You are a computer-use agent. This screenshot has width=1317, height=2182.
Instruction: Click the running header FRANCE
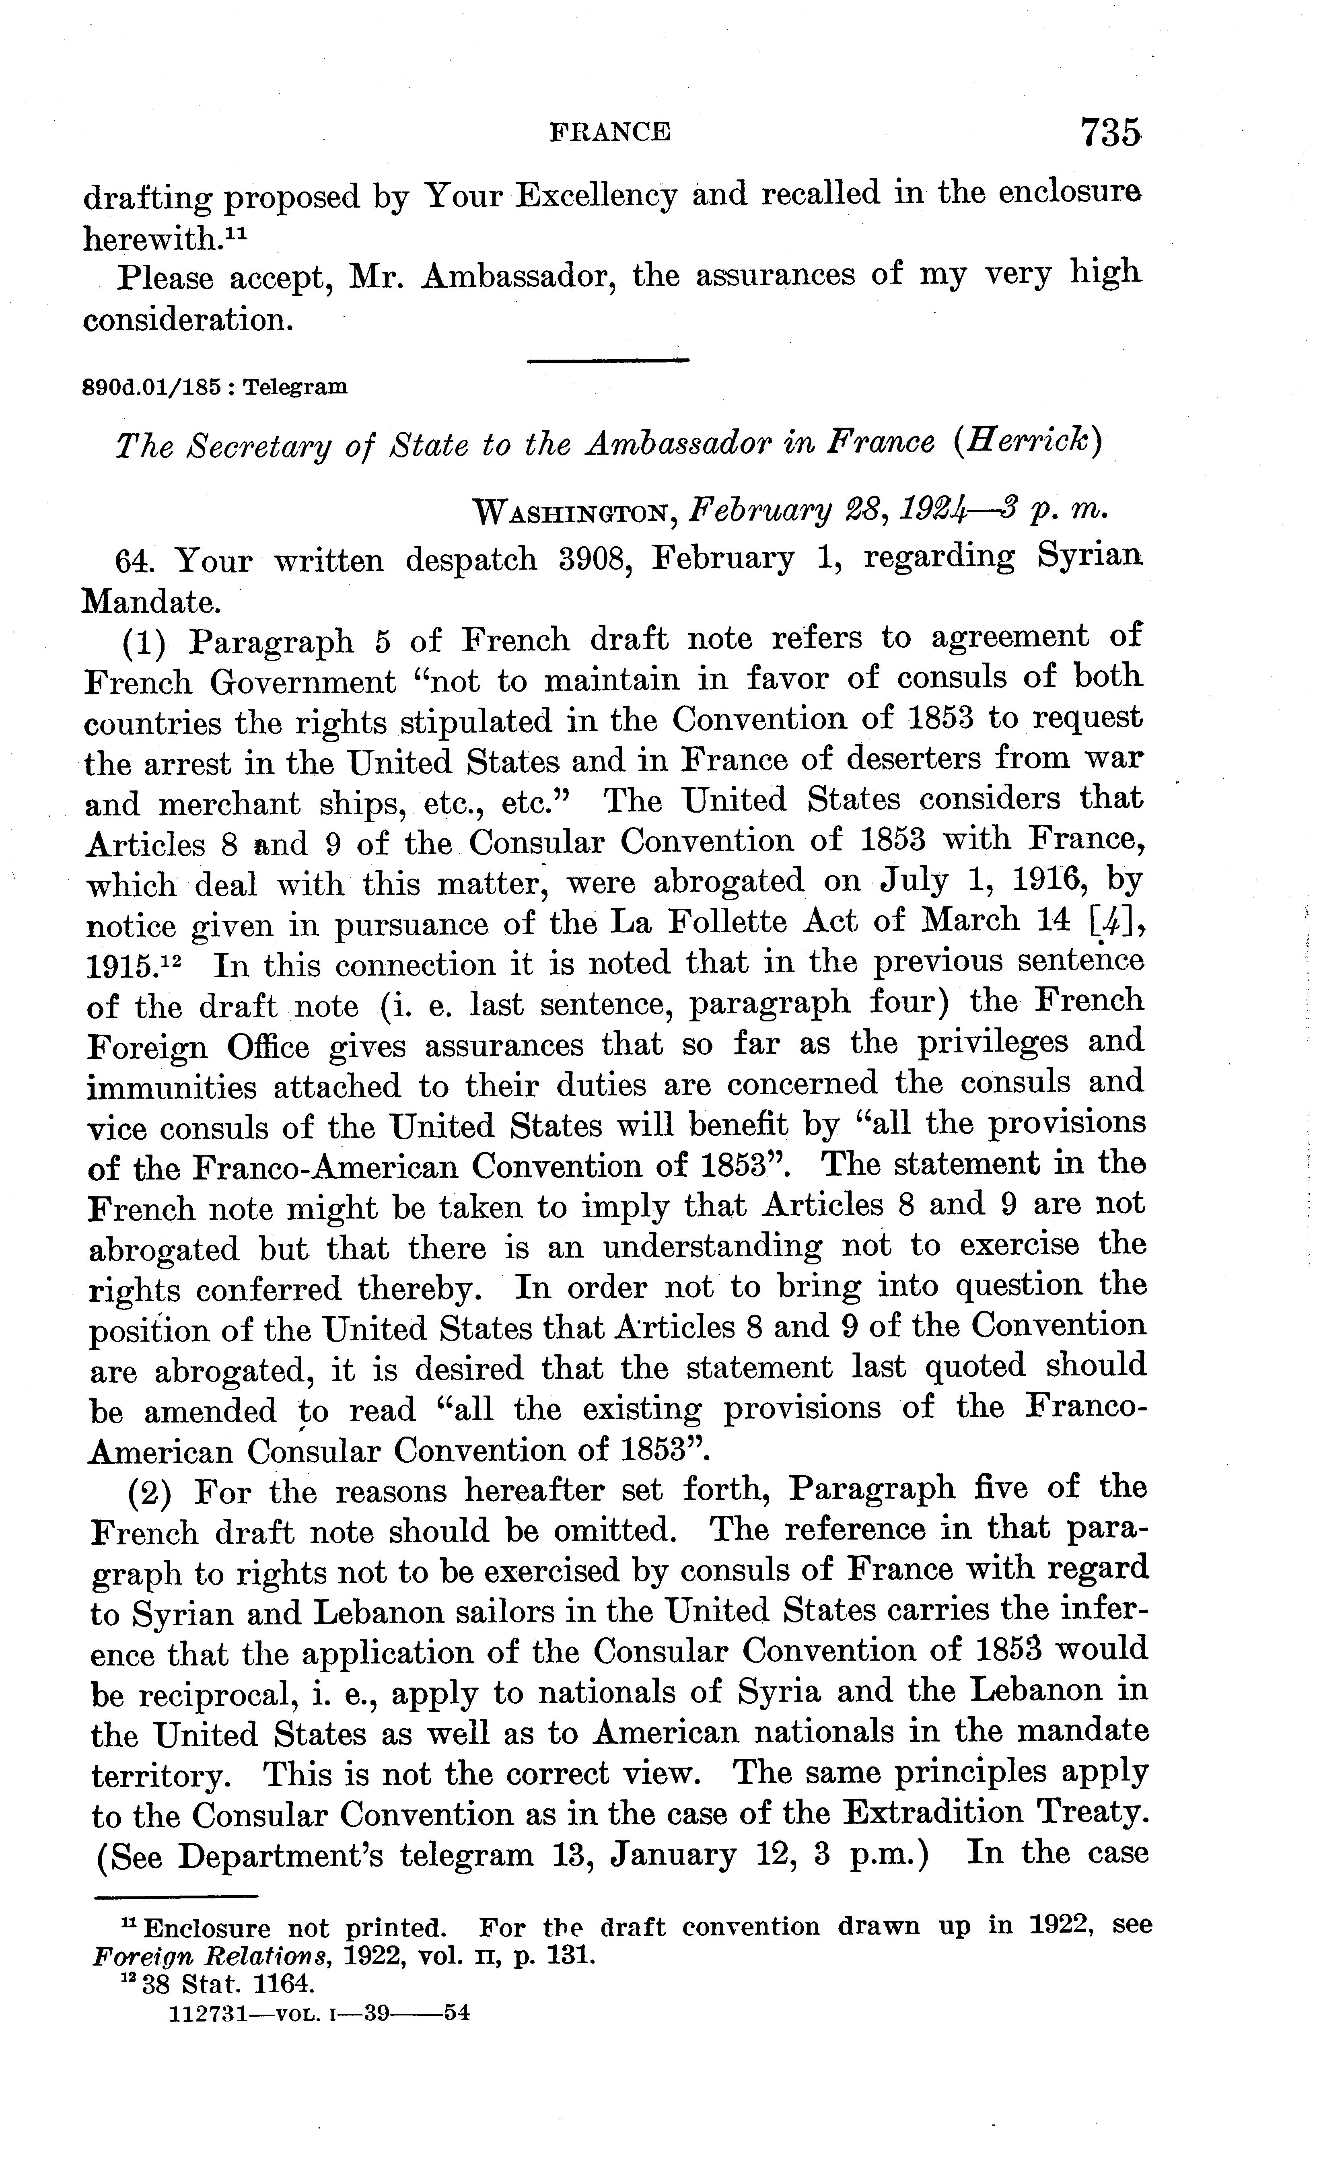point(610,133)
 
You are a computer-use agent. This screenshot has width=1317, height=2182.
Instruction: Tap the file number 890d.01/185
point(150,387)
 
